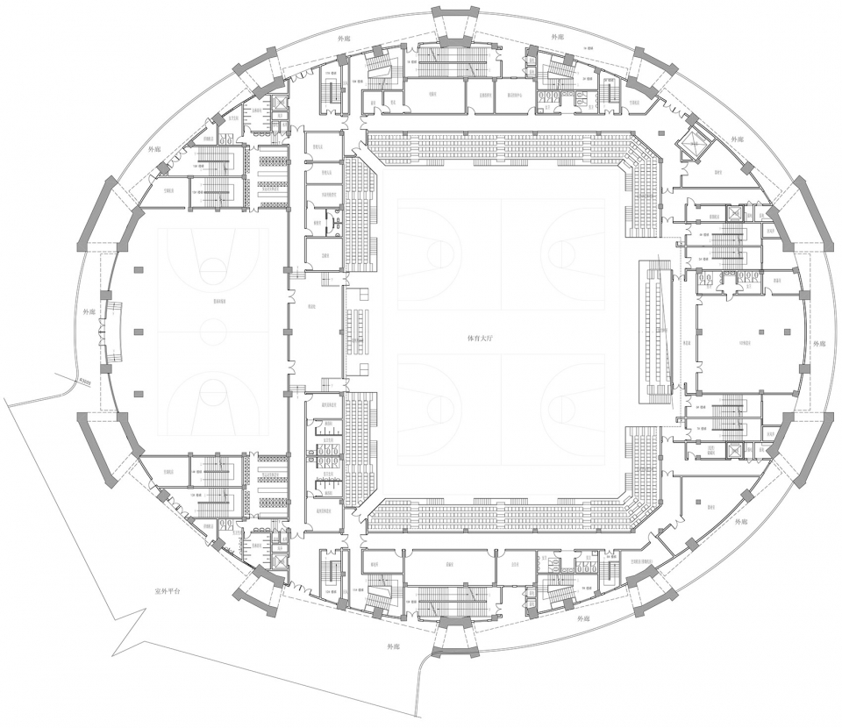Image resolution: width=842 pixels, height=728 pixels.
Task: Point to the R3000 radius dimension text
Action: click(85, 380)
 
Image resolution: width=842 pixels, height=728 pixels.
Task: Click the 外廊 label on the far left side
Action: click(89, 310)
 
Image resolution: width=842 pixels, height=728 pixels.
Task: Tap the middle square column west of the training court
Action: click(137, 332)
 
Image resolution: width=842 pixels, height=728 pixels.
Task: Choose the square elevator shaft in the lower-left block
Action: click(279, 561)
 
